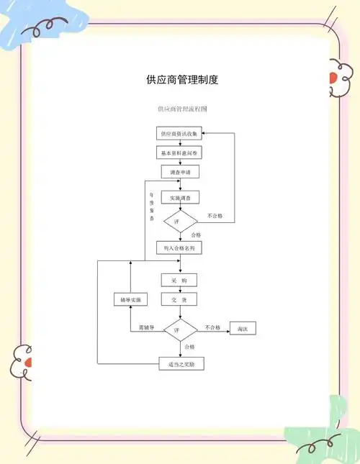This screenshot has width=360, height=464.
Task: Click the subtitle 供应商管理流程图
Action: click(x=182, y=109)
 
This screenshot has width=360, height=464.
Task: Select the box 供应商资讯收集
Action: click(x=180, y=134)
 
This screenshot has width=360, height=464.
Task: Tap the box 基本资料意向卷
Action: click(x=180, y=153)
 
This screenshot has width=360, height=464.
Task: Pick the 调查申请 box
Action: click(x=180, y=173)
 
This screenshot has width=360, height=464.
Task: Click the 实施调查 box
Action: click(x=180, y=197)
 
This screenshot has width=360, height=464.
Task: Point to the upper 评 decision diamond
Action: click(x=179, y=222)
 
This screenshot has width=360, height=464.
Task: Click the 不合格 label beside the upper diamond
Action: click(x=215, y=216)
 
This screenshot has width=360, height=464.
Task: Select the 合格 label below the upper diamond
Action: click(x=196, y=235)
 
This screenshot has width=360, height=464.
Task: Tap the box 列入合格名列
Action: click(x=180, y=248)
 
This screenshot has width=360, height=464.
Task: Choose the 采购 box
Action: click(x=179, y=280)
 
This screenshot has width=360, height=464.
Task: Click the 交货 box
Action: click(x=179, y=299)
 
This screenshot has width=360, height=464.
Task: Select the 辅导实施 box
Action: click(x=130, y=299)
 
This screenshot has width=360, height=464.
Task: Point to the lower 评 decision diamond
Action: click(x=180, y=329)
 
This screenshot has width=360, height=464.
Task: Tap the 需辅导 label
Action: click(x=147, y=327)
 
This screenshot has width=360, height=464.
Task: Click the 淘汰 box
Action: click(x=243, y=329)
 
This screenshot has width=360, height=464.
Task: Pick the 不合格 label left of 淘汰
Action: click(x=212, y=327)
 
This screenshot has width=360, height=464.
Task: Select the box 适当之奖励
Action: click(x=181, y=364)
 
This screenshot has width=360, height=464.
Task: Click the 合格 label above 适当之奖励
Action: click(x=189, y=347)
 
